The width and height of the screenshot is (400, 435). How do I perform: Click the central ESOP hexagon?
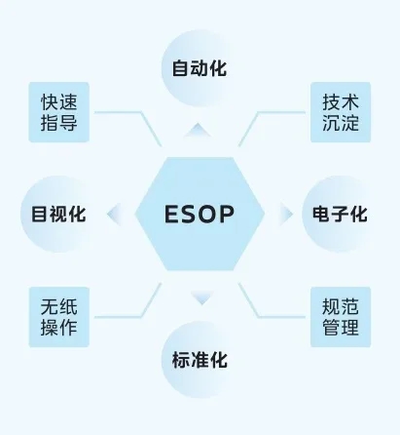coord(200,214)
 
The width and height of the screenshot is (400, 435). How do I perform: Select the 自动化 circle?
coord(200,68)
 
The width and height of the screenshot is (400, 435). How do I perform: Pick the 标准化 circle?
coord(200,360)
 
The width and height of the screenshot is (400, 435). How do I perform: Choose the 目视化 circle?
coord(59,214)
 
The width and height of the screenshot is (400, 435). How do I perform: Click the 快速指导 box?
coord(59,112)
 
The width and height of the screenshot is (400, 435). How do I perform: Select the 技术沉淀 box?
coord(341,112)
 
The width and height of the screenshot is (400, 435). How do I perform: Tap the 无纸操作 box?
coord(59,317)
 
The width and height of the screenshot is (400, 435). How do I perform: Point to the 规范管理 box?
coord(341,317)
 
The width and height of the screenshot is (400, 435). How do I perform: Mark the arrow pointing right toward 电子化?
coord(285,214)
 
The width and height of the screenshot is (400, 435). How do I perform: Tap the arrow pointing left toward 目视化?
coord(115,214)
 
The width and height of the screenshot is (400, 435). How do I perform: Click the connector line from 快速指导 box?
coord(141,112)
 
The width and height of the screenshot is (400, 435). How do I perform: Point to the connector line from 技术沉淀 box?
coord(258,112)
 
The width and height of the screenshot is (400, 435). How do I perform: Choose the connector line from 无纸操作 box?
coord(141,317)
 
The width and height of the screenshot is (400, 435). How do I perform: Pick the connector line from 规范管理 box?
coord(258,317)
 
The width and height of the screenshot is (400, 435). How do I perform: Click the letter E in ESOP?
coord(172,215)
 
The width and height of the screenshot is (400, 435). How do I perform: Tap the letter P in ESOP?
coord(227,215)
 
